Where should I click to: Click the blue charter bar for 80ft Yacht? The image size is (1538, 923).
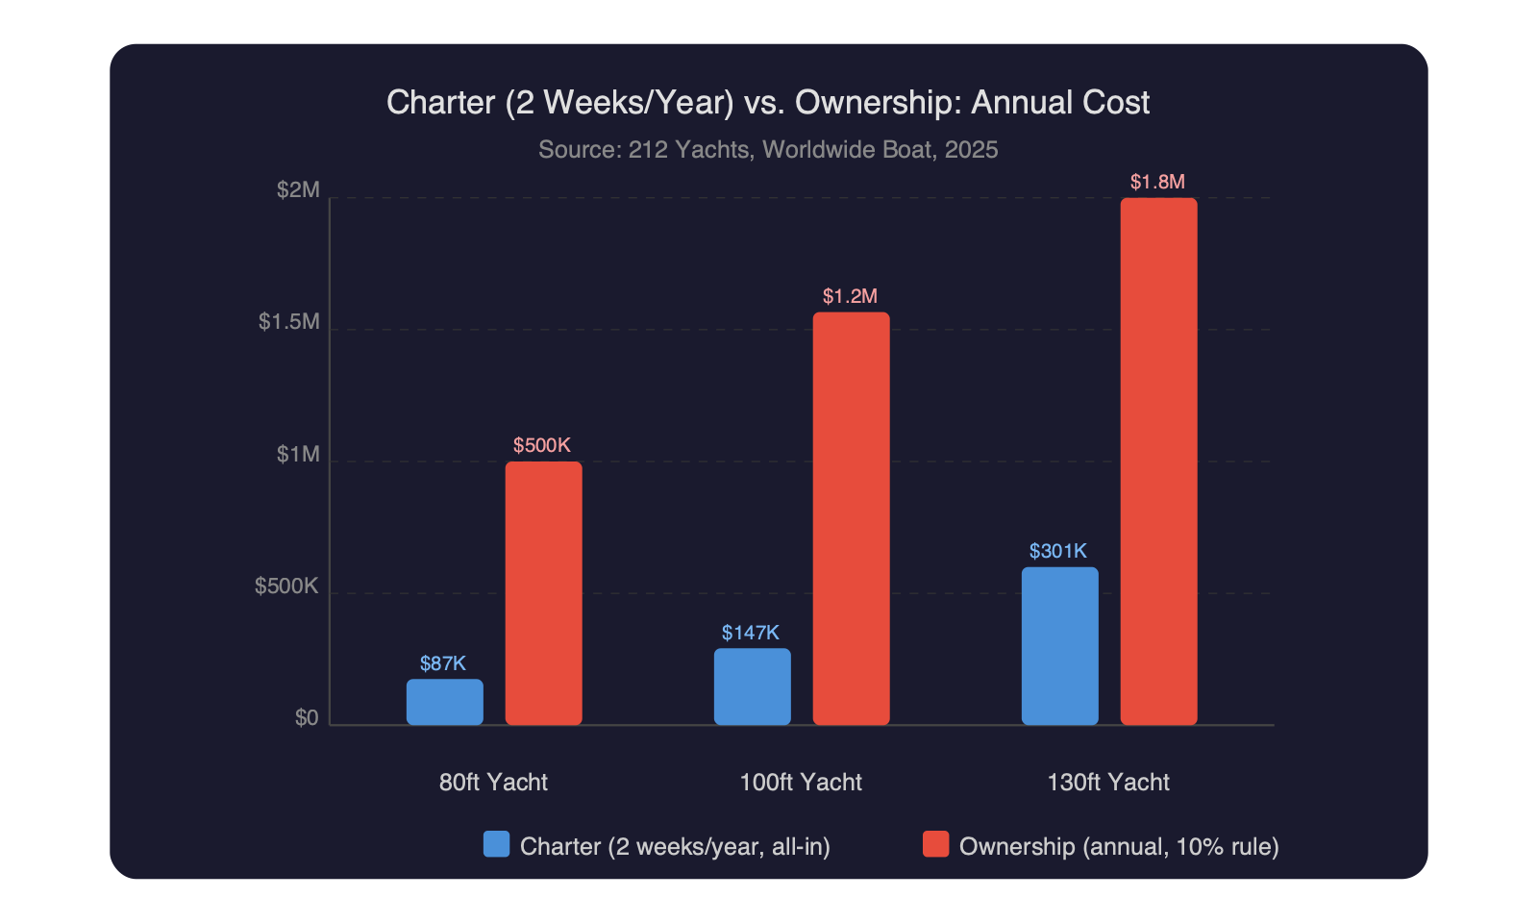click(444, 702)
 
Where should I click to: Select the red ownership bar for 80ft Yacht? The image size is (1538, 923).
click(543, 593)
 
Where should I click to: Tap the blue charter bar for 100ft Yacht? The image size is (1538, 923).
click(752, 686)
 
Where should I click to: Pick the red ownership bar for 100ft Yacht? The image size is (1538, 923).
click(851, 519)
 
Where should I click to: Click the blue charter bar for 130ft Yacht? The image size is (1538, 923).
click(1059, 646)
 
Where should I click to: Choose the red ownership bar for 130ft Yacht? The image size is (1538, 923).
click(1158, 461)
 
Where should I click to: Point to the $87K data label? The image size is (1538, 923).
click(443, 663)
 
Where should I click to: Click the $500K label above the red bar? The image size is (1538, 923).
click(542, 445)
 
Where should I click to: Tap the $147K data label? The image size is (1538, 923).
click(751, 633)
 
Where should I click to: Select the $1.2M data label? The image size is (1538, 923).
click(850, 296)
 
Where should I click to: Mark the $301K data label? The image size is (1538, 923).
click(1058, 551)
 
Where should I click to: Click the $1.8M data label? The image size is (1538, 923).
click(1157, 182)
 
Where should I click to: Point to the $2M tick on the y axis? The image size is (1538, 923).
click(298, 189)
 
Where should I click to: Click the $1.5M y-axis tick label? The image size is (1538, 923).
click(288, 321)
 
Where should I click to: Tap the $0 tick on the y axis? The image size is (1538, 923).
click(307, 718)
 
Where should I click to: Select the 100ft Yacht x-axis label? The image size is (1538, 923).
click(801, 782)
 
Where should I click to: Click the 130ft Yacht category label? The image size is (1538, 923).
click(1108, 782)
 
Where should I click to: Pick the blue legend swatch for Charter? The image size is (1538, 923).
click(496, 844)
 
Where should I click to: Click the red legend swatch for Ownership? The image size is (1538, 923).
click(935, 844)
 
